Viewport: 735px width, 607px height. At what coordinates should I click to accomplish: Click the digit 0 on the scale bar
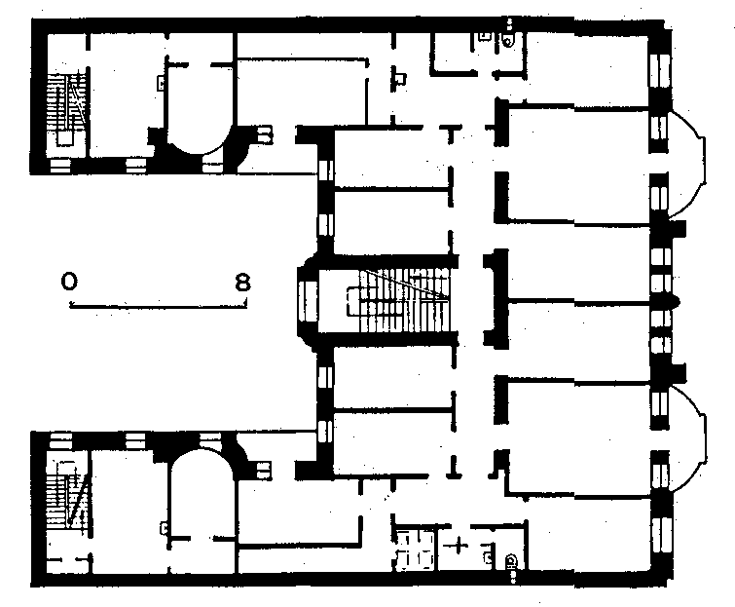pos(68,282)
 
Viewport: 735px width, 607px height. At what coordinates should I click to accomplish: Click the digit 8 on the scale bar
pos(242,283)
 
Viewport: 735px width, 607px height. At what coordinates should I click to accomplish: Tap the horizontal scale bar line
pos(158,307)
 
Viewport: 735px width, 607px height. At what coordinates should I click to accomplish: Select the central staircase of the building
pos(398,300)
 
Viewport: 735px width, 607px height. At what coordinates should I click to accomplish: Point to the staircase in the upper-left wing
pos(66,108)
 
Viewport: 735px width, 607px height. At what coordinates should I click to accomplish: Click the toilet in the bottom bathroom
pos(510,560)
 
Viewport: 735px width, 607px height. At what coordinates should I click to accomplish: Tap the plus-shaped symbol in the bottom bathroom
pos(458,546)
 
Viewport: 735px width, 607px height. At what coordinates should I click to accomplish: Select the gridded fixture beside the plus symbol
pos(415,550)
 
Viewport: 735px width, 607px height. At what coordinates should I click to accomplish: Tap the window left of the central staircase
pos(307,300)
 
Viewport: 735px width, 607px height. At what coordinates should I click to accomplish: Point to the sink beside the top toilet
pos(483,37)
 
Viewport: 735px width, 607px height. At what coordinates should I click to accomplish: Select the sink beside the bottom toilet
pos(488,556)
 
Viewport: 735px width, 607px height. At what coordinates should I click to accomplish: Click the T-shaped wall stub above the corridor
pos(452,133)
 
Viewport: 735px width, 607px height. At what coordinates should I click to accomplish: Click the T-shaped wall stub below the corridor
pos(453,468)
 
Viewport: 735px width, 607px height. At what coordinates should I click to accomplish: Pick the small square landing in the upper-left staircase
pos(65,138)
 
